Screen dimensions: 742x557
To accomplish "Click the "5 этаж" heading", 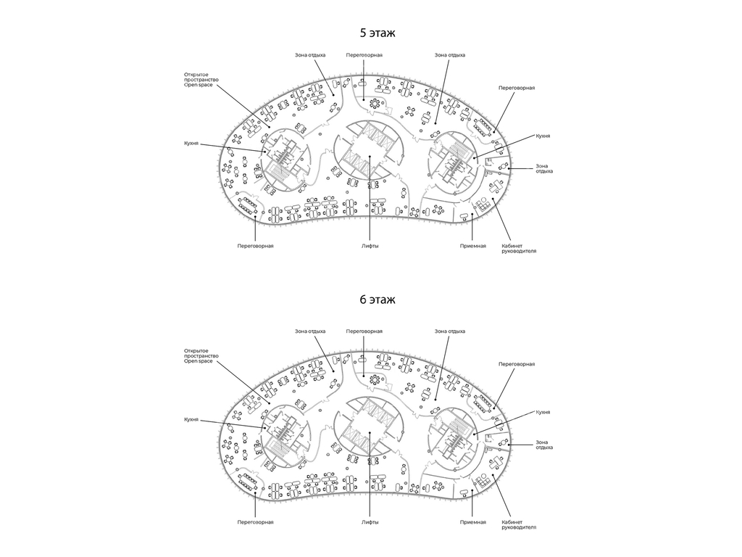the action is (377, 33).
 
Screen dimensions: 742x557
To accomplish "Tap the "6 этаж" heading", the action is (377, 300).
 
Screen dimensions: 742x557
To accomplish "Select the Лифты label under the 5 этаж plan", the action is (370, 246).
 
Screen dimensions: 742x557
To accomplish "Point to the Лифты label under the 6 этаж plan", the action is (370, 522).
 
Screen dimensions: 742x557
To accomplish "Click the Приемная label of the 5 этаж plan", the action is (472, 246).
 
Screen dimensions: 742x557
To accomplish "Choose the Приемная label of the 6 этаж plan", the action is (472, 522).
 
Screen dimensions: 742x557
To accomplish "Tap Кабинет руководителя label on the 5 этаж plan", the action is (519, 248).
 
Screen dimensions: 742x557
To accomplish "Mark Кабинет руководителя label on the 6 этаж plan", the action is (519, 524).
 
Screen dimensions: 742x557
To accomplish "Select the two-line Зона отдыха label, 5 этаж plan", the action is (544, 168).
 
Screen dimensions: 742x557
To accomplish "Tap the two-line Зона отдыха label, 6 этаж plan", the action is (544, 445).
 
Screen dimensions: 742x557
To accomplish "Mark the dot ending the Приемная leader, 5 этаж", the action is (472, 215).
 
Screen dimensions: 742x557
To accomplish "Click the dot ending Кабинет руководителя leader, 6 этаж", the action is (493, 476).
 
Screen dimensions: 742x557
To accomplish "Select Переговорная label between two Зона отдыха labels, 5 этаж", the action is (364, 55).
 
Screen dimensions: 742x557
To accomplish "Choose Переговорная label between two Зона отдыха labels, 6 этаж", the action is (364, 331).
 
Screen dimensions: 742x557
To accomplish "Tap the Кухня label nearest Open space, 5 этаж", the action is (191, 143).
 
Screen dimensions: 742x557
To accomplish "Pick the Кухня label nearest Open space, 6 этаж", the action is (191, 420).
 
